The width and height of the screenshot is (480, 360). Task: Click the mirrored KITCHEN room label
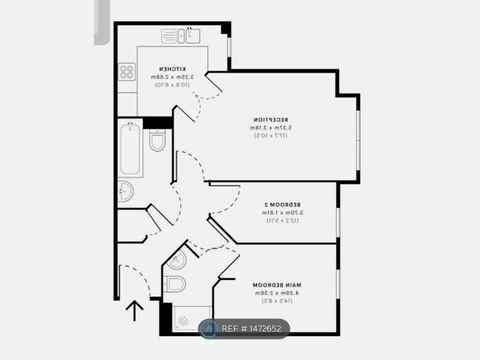tap(174, 69)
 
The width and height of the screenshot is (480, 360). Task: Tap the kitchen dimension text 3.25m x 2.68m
tap(174, 77)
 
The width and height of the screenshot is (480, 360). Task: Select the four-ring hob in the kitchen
tap(127, 72)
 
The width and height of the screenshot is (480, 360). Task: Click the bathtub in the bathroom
tap(130, 148)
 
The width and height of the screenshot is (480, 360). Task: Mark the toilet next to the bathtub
tap(158, 141)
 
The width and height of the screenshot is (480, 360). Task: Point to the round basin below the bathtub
tap(125, 191)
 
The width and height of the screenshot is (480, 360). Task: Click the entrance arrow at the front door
tap(135, 311)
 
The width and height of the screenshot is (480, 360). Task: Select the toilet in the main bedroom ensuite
tap(175, 284)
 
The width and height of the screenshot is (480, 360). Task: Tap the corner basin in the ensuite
tap(176, 260)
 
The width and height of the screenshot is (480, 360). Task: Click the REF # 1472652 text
tap(251, 328)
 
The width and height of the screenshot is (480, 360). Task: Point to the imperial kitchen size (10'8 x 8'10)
tap(174, 86)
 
